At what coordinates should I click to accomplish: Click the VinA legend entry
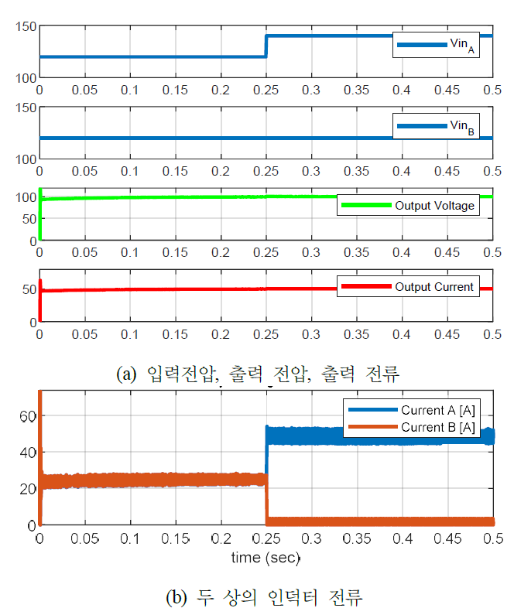[436, 46]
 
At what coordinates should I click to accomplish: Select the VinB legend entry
[436, 127]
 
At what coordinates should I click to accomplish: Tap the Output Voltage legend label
[434, 206]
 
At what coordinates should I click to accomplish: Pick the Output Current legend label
[434, 286]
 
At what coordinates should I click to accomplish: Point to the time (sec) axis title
[266, 557]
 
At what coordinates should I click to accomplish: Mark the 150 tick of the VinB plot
[26, 108]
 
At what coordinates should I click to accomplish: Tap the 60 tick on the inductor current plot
[28, 416]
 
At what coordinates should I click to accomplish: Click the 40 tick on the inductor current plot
[28, 453]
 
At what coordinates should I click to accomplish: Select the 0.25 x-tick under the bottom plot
[266, 539]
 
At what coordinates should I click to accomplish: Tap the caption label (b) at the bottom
[176, 597]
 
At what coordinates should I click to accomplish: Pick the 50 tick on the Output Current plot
[29, 289]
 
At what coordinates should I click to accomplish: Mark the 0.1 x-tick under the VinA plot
[129, 91]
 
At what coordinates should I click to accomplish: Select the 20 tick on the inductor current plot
[28, 489]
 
